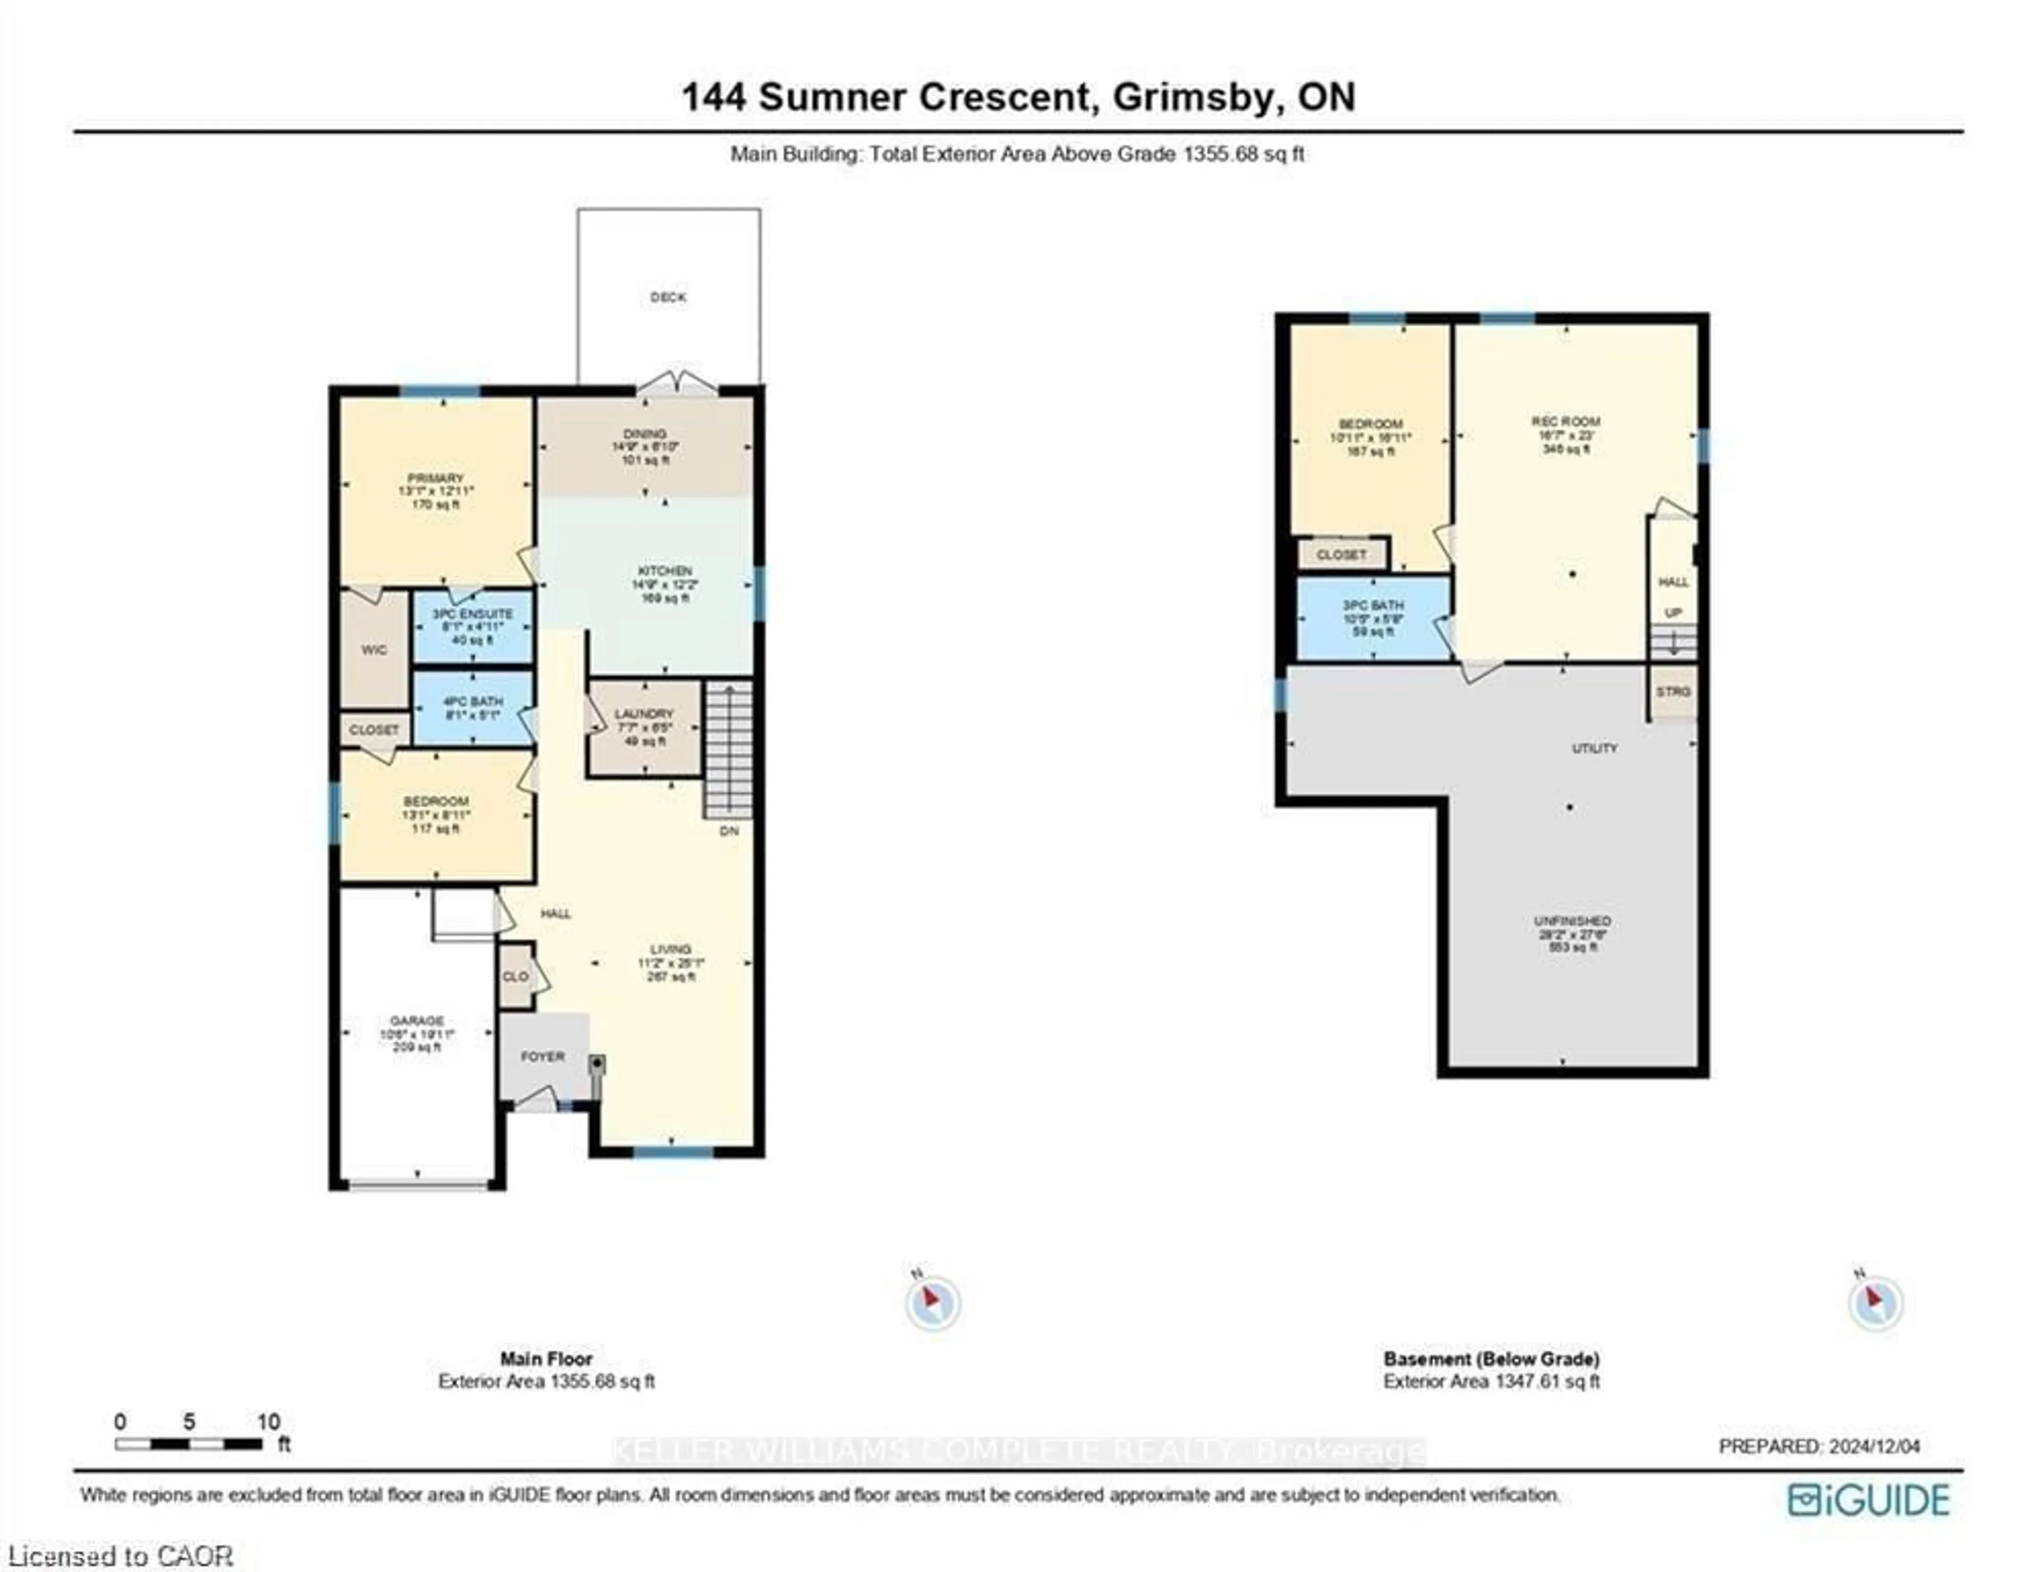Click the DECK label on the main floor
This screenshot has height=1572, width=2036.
point(668,298)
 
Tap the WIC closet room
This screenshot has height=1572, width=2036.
point(374,650)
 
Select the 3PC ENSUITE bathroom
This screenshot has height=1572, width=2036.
point(472,626)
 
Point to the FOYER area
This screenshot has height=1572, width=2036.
point(542,1056)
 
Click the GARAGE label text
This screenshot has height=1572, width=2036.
point(417,1021)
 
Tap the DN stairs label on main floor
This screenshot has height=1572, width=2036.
point(729,831)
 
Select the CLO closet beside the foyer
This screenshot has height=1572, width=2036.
point(515,976)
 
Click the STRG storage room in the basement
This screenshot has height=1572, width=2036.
point(1672,692)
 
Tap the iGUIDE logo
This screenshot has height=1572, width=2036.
point(1868,1500)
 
